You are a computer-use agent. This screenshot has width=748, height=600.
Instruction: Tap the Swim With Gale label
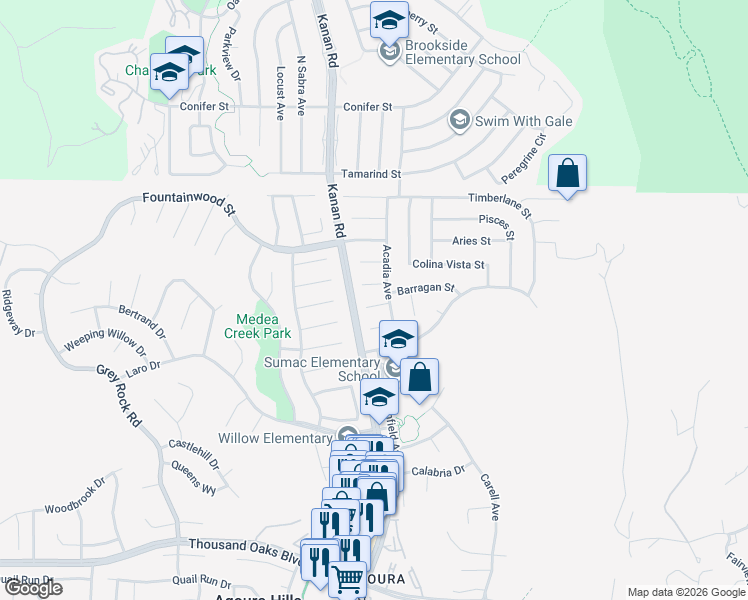(x=508, y=122)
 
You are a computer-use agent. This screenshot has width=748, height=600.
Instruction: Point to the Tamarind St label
(x=370, y=174)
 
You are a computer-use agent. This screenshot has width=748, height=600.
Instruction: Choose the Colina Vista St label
(x=448, y=265)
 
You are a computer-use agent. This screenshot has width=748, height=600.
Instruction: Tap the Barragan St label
(x=425, y=290)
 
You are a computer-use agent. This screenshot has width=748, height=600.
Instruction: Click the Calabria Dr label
(x=438, y=471)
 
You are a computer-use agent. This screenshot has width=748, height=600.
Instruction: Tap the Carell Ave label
(x=489, y=497)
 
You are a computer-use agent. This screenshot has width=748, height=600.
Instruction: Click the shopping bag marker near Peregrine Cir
(x=567, y=174)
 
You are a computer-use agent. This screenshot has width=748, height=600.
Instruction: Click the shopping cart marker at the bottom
(x=347, y=580)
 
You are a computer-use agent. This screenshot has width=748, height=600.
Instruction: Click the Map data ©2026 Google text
(x=685, y=592)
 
